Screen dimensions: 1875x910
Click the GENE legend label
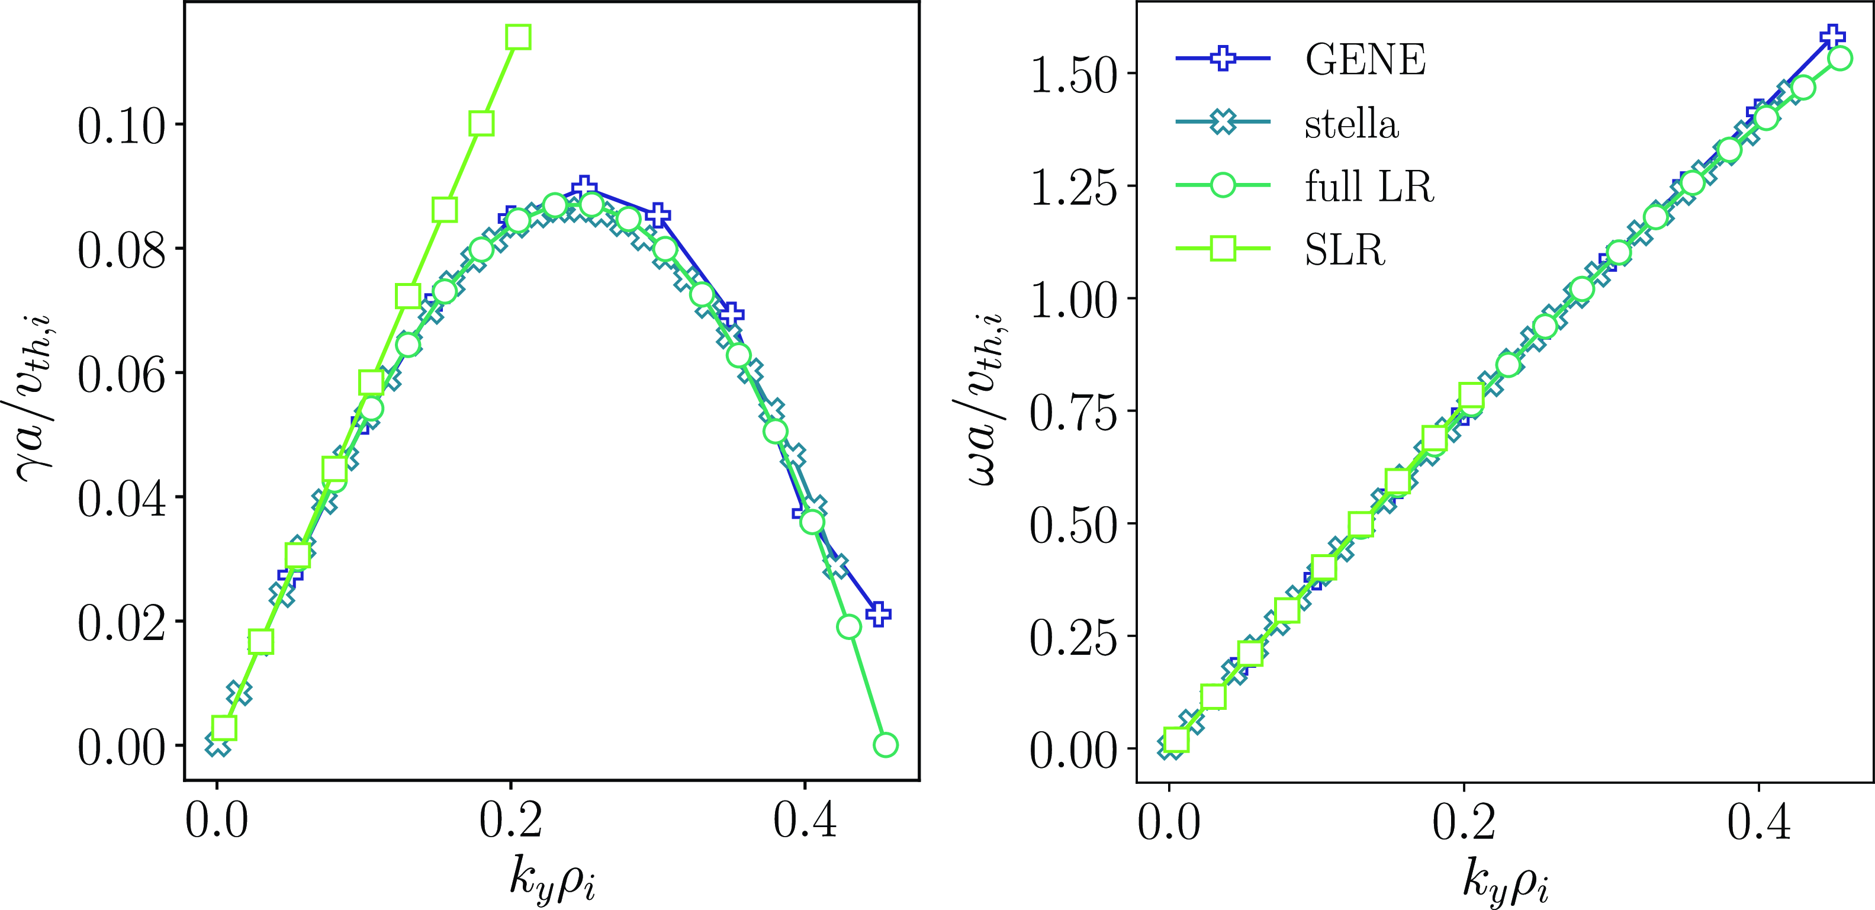[1365, 59]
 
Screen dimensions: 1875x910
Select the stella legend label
[1352, 123]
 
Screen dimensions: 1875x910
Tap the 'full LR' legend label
[1369, 186]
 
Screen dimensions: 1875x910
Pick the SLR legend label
[1345, 250]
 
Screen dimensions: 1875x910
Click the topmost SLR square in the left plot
[518, 36]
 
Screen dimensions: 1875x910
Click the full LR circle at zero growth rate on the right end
[885, 745]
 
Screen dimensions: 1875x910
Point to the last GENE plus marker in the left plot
[879, 614]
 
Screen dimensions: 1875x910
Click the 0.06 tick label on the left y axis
[121, 374]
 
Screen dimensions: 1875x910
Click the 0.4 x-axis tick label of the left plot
[805, 821]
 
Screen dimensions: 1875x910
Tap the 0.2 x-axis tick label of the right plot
[1464, 822]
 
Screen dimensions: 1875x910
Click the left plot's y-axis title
[34, 397]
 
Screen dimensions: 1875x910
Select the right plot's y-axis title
[986, 397]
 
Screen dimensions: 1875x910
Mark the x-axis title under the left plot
[552, 879]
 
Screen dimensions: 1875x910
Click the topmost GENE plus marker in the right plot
[1832, 36]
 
